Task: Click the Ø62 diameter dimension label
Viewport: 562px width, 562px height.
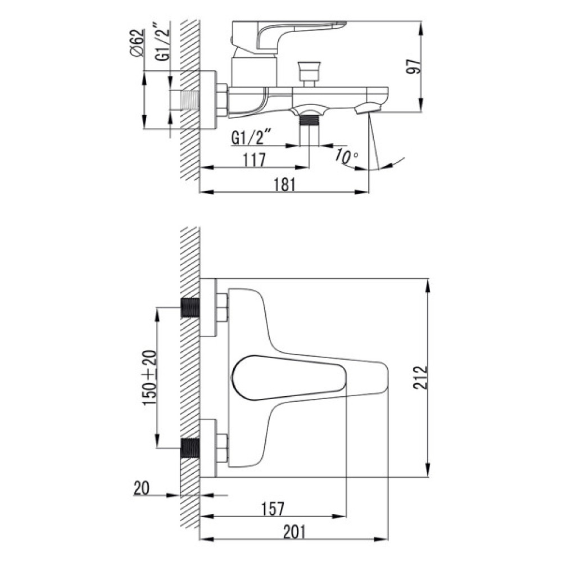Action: tap(137, 42)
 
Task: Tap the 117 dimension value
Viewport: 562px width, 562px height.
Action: tap(255, 160)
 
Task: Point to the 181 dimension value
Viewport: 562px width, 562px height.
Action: tap(285, 185)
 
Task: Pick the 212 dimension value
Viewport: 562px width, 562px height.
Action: tap(420, 378)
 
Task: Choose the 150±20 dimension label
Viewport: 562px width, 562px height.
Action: tap(150, 378)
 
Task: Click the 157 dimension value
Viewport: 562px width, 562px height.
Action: tap(273, 509)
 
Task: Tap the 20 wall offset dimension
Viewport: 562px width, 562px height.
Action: tap(141, 488)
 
